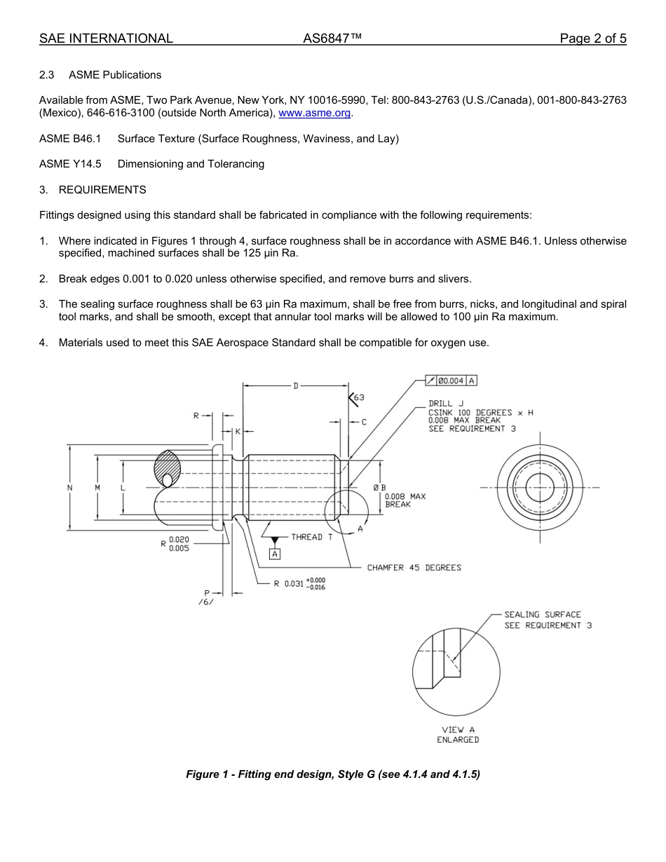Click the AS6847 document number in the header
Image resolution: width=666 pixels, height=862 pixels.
pyautogui.click(x=332, y=39)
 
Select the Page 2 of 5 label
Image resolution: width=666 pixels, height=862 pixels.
pyautogui.click(x=592, y=39)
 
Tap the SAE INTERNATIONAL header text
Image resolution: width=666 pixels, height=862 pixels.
pyautogui.click(x=106, y=39)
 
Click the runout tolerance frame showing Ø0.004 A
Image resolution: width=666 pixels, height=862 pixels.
pyautogui.click(x=451, y=381)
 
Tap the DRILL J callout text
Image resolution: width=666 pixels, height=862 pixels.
pyautogui.click(x=446, y=404)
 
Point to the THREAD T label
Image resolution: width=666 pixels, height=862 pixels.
pyautogui.click(x=306, y=537)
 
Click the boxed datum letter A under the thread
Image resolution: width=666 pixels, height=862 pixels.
pyautogui.click(x=275, y=554)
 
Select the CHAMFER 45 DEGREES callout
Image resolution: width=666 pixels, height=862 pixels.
pyautogui.click(x=414, y=568)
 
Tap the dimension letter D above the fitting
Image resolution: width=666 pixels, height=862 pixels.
pyautogui.click(x=295, y=385)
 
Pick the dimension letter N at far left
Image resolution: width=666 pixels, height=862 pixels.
pyautogui.click(x=69, y=487)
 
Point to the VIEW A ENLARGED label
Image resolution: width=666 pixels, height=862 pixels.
pyautogui.click(x=458, y=734)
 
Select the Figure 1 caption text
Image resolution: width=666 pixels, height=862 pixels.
pyautogui.click(x=332, y=774)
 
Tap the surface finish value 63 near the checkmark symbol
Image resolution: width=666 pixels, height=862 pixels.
pyautogui.click(x=359, y=397)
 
